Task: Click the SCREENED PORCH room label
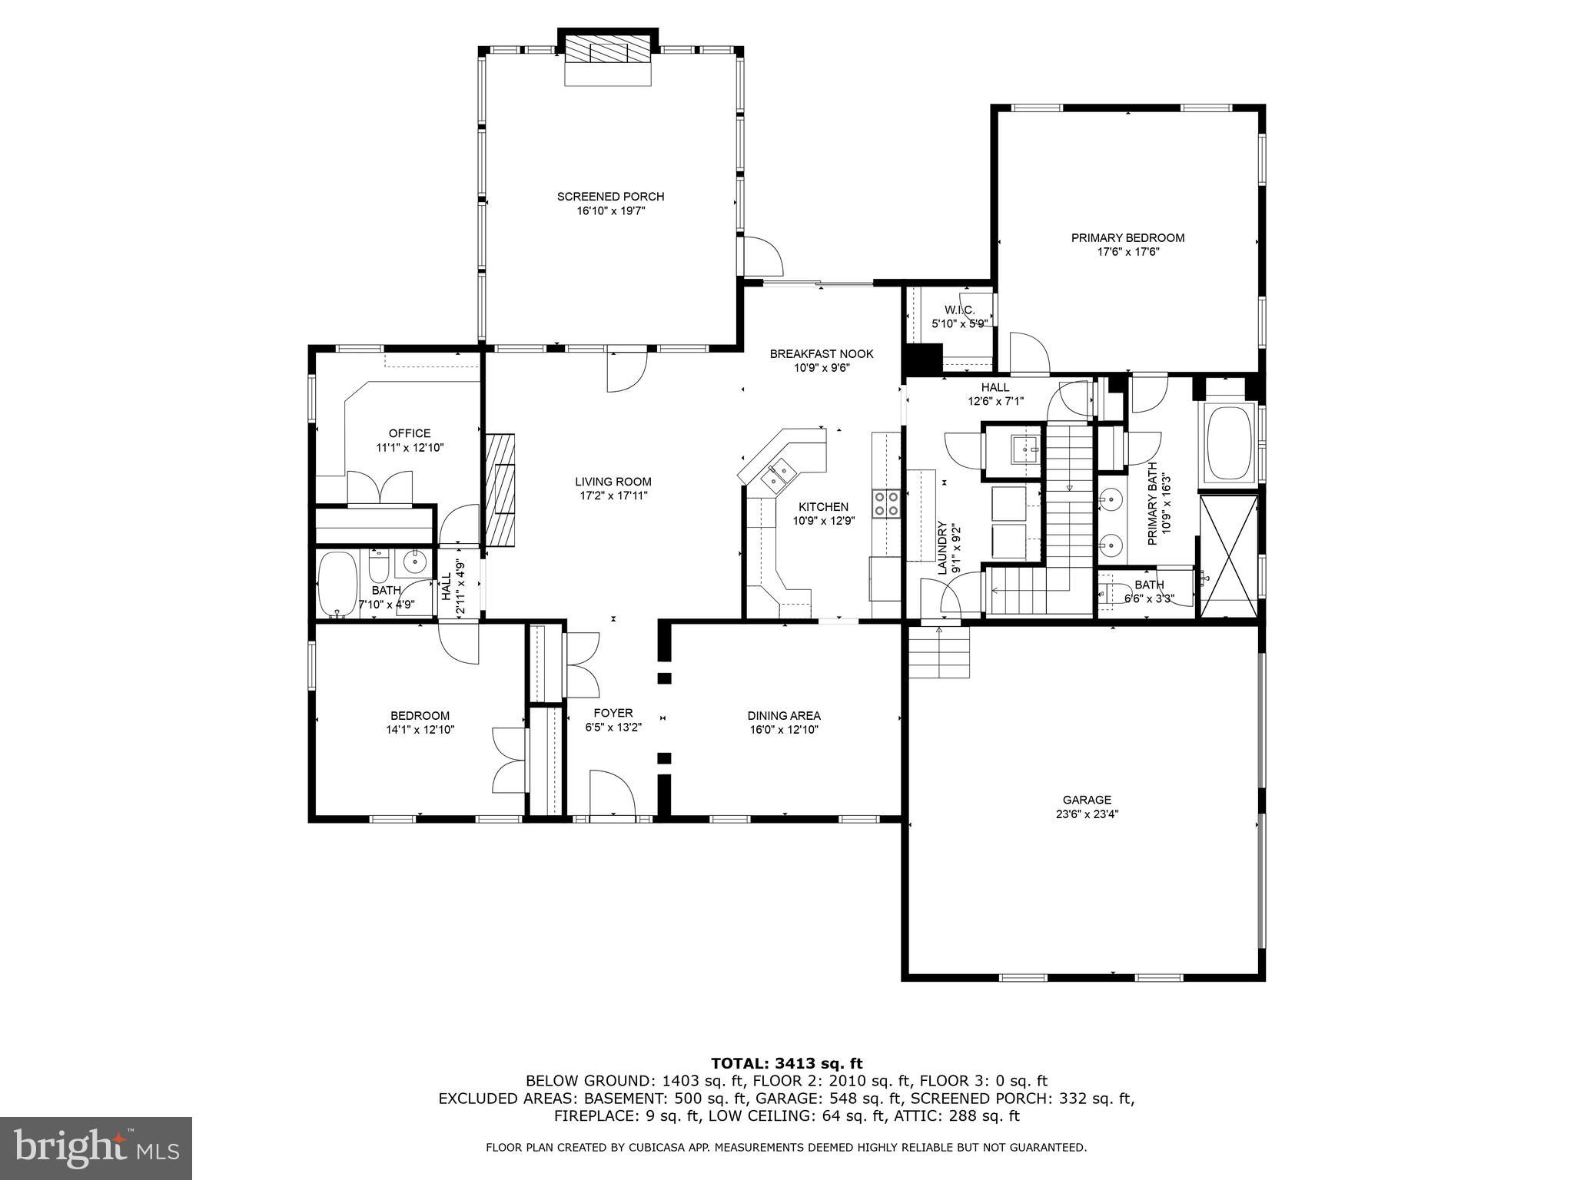click(610, 197)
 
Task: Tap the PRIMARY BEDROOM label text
click(1127, 238)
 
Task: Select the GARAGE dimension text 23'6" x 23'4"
click(1087, 814)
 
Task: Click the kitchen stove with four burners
click(886, 504)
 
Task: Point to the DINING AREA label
click(784, 716)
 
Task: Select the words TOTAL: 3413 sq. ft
click(786, 1063)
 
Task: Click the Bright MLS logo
click(96, 1148)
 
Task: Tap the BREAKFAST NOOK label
click(822, 354)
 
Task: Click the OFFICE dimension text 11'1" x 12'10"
click(410, 448)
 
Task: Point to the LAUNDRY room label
click(942, 548)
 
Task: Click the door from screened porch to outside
click(761, 257)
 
